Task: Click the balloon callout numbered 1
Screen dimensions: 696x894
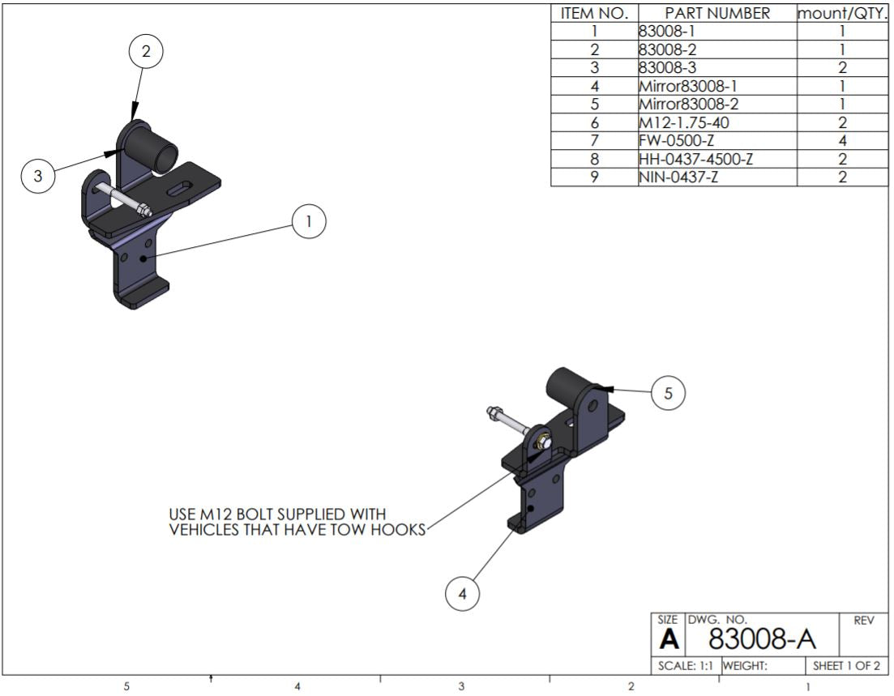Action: tap(309, 221)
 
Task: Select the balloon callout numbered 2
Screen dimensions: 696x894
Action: tap(146, 51)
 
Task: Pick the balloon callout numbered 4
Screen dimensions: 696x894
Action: tap(463, 594)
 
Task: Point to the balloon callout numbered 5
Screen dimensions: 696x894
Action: tap(668, 393)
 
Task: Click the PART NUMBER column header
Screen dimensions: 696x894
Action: tap(717, 14)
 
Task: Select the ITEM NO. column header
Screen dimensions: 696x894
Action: tap(594, 14)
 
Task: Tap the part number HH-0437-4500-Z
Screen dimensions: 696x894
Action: tap(695, 159)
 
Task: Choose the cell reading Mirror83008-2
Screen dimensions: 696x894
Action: tap(688, 105)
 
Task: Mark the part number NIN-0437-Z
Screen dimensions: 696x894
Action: tap(678, 177)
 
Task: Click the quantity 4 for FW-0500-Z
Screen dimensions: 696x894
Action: tap(842, 141)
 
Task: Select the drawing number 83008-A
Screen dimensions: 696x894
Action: tap(761, 639)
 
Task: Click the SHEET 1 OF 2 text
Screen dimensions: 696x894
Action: tap(846, 666)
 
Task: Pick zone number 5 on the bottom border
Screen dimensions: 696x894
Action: tap(126, 686)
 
